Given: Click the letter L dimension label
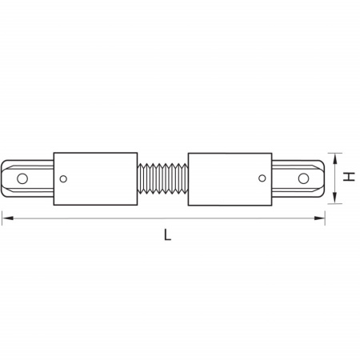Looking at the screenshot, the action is (167, 235).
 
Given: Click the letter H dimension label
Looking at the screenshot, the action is (349, 177).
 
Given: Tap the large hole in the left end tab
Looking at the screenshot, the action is (22, 178).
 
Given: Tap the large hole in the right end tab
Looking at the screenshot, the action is (303, 178).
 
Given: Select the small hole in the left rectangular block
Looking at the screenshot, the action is (63, 179).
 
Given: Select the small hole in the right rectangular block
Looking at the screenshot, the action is (262, 178).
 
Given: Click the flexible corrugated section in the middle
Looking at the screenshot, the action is (162, 178).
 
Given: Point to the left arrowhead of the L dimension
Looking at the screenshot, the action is (8, 218).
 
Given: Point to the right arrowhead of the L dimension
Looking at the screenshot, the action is (319, 218).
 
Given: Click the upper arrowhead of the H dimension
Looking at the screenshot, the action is (335, 159).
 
